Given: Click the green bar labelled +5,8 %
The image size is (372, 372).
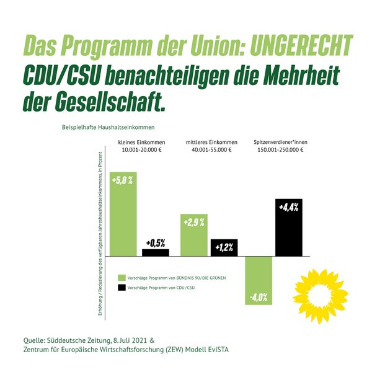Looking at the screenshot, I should coord(123,213).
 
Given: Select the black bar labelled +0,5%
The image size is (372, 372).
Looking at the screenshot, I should coord(156,252).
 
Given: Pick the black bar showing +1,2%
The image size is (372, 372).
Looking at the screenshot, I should coord(224,247).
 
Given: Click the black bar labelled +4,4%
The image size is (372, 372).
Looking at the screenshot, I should coord(288,227).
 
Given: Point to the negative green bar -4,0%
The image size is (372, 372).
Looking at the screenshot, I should coord(259,280).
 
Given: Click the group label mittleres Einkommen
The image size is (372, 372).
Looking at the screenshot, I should coord(208,143).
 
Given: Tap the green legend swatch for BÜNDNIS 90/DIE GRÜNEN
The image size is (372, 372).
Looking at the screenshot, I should coord(122,277).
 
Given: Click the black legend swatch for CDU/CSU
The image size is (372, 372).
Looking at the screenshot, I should coord(122,288).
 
